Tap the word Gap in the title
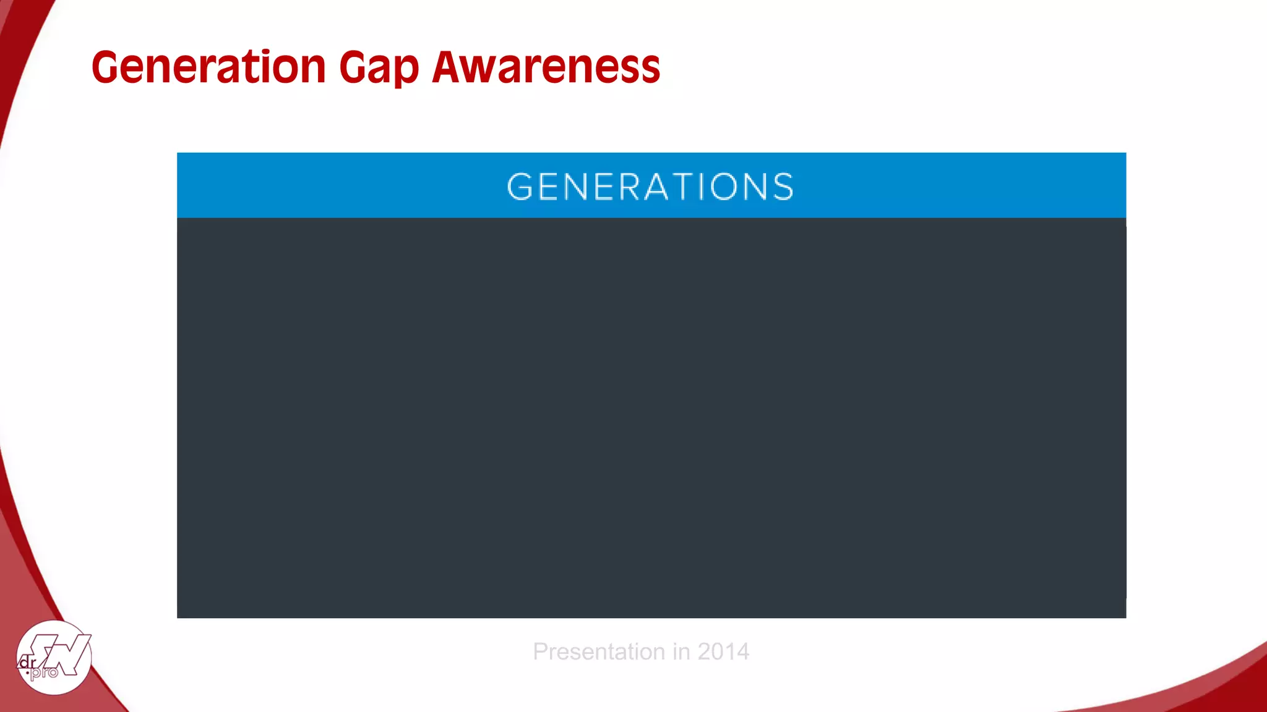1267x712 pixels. tap(379, 68)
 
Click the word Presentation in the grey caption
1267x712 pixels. tap(599, 651)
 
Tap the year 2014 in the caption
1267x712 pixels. tap(723, 651)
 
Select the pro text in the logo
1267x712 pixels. tap(44, 672)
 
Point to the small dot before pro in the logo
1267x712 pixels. tap(27, 672)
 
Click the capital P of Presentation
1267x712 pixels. tap(540, 651)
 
